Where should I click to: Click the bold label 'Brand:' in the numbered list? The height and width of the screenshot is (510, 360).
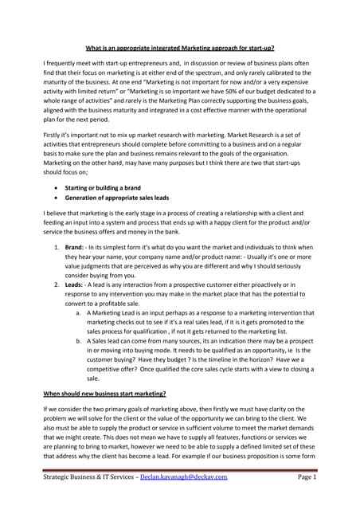[76, 249]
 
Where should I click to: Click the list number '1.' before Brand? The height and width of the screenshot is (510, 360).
[57, 249]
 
